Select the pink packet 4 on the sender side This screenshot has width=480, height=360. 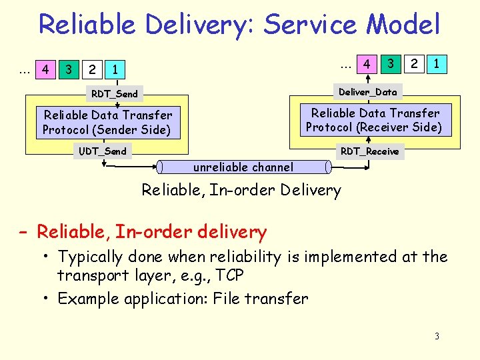[45, 69]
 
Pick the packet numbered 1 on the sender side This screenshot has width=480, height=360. [116, 69]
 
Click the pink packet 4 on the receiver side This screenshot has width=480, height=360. [366, 65]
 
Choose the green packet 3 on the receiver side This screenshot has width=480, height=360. [391, 65]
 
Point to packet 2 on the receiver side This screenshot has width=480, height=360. [414, 65]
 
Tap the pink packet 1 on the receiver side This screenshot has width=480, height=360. [436, 65]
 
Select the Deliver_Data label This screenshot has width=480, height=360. [367, 91]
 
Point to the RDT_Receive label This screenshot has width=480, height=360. [369, 151]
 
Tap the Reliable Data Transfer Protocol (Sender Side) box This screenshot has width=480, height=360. [107, 122]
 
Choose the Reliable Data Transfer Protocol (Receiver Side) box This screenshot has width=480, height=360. [374, 120]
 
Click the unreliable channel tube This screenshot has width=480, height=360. [243, 167]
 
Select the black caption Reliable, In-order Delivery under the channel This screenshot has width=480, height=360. [241, 190]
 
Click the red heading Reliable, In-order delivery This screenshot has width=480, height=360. [151, 232]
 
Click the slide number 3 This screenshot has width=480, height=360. [437, 336]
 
